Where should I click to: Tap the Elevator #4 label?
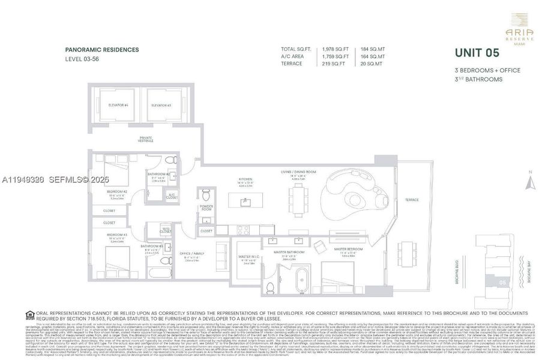tap(119, 105)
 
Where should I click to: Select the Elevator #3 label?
tap(161, 105)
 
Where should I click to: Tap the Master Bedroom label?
tap(347, 248)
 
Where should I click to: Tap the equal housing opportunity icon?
tap(29, 314)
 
